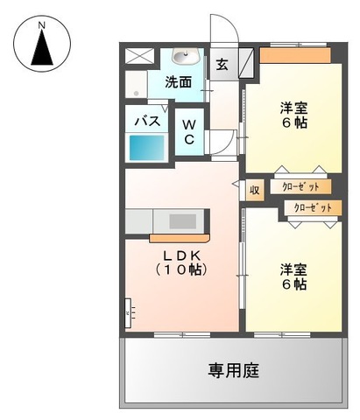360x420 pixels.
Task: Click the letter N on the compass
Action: [42, 25]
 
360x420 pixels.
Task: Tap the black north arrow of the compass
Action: [42, 47]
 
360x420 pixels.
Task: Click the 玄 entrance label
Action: [222, 65]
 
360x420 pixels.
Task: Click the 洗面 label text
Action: [179, 82]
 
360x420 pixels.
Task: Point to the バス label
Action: [147, 121]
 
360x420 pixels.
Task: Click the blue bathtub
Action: [147, 148]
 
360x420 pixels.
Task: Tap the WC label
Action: [189, 132]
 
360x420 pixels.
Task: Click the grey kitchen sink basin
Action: [183, 221]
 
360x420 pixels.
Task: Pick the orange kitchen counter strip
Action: [180, 238]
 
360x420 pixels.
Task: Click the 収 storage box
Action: [255, 190]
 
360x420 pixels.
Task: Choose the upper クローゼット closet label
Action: [300, 186]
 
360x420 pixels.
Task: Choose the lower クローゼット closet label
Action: [313, 208]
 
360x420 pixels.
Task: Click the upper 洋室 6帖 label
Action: [294, 115]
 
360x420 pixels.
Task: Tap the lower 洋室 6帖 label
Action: [293, 277]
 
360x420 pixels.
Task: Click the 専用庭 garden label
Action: [233, 371]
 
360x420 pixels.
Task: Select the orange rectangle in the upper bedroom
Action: [295, 55]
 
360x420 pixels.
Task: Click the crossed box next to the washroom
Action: [139, 56]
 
